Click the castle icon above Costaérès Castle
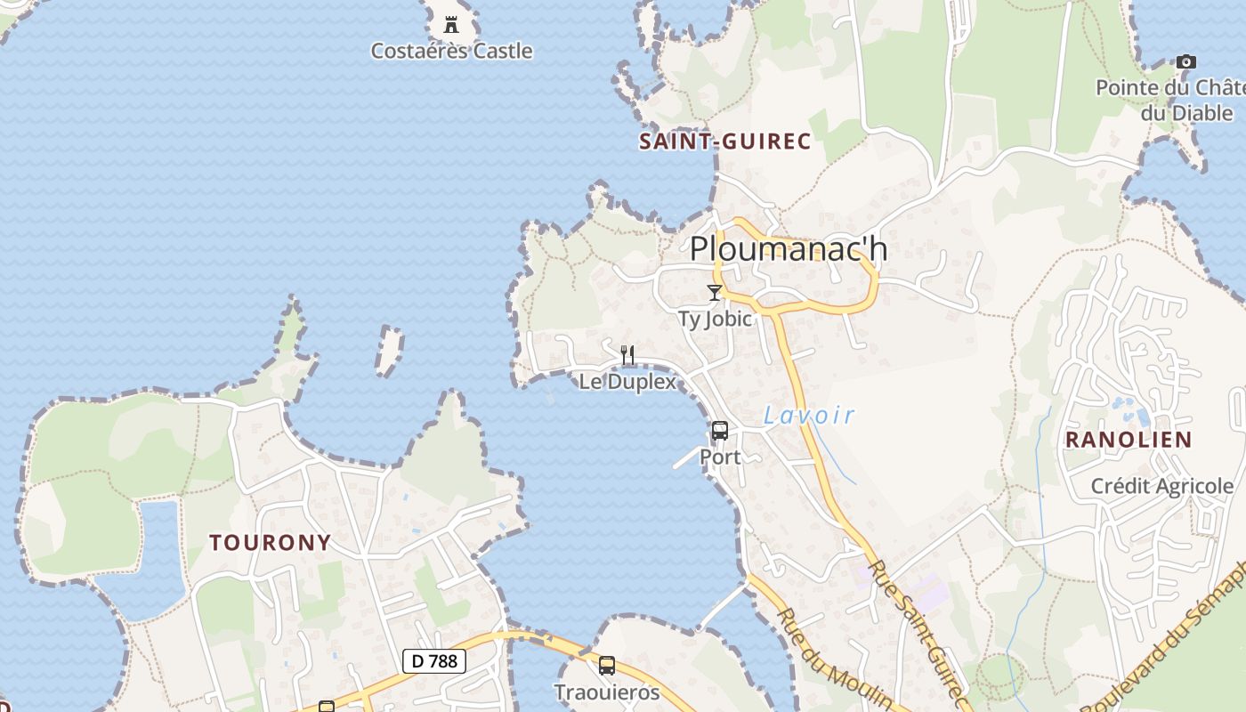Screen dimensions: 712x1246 pos(450,23)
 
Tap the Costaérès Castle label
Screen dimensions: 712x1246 pos(451,51)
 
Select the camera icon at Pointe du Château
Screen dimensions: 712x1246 pos(1185,61)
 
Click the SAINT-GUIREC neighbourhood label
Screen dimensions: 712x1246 pos(725,142)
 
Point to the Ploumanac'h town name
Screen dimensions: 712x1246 pos(789,248)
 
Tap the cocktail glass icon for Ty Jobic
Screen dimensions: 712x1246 pos(714,292)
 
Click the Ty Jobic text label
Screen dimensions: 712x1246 pos(715,319)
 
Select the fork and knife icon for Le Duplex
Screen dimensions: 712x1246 pos(627,355)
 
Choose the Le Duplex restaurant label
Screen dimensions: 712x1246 pos(627,382)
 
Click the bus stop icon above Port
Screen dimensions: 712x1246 pos(720,431)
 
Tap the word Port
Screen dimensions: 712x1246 pos(720,457)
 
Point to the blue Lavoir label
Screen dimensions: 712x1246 pos(809,415)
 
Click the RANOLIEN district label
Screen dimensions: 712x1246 pos(1129,440)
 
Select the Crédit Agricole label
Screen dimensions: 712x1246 pos(1162,486)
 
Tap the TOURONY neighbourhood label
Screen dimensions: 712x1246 pos(271,542)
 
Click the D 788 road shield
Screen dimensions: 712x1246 pos(434,660)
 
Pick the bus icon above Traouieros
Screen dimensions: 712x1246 pos(607,665)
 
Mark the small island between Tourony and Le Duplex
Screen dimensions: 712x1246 pos(389,349)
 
